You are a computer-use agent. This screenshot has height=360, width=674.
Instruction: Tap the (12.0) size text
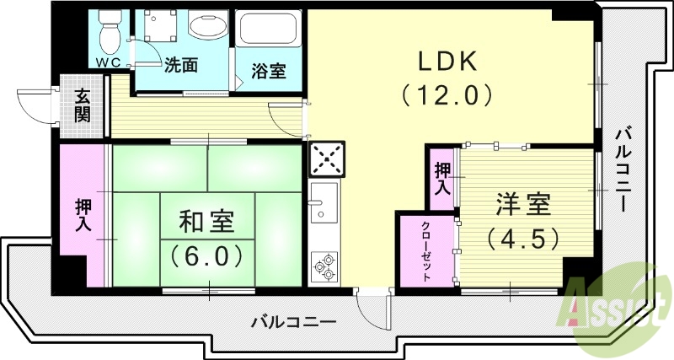coord(446,94)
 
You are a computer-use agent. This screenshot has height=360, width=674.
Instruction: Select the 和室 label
coord(206,223)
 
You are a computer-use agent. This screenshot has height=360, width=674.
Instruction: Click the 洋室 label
coord(522,204)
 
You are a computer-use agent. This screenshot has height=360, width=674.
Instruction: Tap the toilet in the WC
coord(109,32)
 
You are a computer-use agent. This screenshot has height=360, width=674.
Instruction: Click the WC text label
coord(107,63)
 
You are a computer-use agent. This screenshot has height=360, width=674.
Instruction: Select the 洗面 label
coord(180,64)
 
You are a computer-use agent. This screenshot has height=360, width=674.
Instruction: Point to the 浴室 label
coord(269,71)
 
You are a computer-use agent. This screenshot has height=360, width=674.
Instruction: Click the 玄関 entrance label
coord(83,106)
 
